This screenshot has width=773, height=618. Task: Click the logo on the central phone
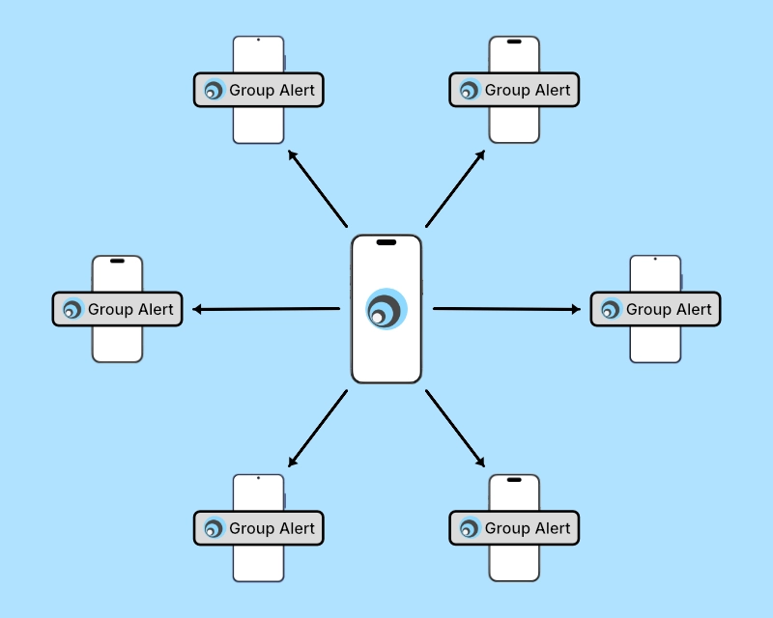[386, 310]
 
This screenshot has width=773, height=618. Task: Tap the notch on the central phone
[386, 242]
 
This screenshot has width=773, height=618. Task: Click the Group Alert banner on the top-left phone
[258, 90]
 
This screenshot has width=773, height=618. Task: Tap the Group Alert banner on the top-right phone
[514, 90]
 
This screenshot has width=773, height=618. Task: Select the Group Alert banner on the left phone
[117, 309]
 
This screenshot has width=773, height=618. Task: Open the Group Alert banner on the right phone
[655, 309]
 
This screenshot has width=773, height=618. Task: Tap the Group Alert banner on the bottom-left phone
[258, 528]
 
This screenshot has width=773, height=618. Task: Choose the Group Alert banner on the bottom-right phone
[514, 528]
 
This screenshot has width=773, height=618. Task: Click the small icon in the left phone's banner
[72, 310]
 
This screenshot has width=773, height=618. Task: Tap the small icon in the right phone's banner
[610, 310]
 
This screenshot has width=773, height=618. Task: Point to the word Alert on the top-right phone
[554, 90]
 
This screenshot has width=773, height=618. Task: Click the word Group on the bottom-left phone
[251, 528]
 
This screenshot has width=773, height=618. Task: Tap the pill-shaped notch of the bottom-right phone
[514, 480]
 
